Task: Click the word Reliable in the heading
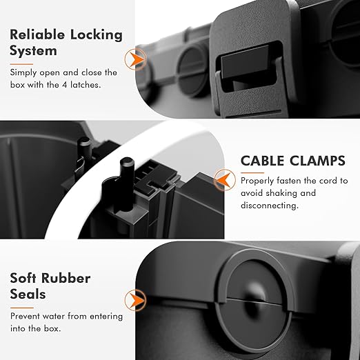click(33, 34)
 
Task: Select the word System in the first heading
click(32, 51)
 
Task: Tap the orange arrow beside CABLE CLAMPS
click(223, 178)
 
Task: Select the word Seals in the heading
click(28, 295)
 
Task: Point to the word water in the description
click(59, 317)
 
